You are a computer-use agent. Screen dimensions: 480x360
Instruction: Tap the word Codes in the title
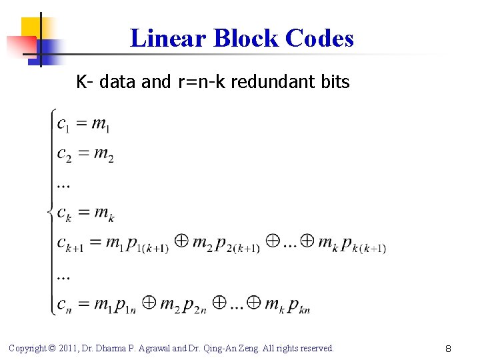tap(319, 39)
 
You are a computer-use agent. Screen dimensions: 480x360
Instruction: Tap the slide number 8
tap(449, 348)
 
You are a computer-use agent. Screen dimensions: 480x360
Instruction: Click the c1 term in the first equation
tap(64, 124)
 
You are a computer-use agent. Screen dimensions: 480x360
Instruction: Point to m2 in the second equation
tap(103, 155)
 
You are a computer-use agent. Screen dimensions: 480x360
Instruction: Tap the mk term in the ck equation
tap(103, 214)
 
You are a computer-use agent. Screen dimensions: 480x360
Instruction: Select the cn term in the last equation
tap(64, 305)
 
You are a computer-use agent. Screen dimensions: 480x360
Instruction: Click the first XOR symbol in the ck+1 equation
tap(180, 241)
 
